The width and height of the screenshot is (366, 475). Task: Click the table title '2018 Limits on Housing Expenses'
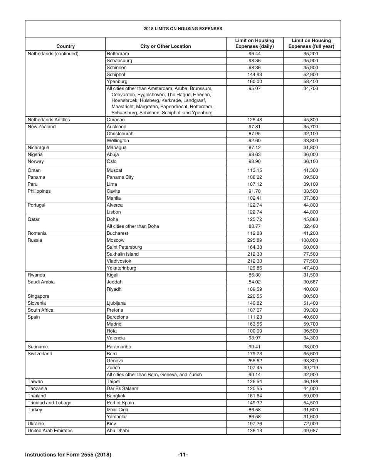183,29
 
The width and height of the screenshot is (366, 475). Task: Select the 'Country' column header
65,46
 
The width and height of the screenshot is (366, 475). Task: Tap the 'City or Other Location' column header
166,46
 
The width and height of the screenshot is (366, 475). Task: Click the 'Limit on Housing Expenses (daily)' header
255,43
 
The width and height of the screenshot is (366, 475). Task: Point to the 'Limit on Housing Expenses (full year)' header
311,43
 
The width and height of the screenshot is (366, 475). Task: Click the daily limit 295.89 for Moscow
255,240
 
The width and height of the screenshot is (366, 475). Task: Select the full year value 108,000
311,240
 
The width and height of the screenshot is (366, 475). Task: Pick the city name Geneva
115,361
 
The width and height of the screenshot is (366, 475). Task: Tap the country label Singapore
39,296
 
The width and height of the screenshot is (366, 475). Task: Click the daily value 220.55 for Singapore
255,296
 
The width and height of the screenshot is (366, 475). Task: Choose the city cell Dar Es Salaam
122,388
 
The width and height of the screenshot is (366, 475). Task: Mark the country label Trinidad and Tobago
49,403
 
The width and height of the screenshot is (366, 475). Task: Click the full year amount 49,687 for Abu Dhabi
311,431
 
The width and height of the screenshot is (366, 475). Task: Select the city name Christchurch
120,134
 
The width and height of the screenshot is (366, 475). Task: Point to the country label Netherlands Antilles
49,120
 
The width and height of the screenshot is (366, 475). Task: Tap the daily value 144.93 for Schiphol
255,75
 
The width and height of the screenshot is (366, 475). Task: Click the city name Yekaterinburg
121,268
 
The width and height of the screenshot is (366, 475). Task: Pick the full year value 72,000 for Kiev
311,424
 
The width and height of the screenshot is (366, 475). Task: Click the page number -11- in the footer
183,455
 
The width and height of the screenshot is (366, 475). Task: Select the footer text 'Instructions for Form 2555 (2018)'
68,455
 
